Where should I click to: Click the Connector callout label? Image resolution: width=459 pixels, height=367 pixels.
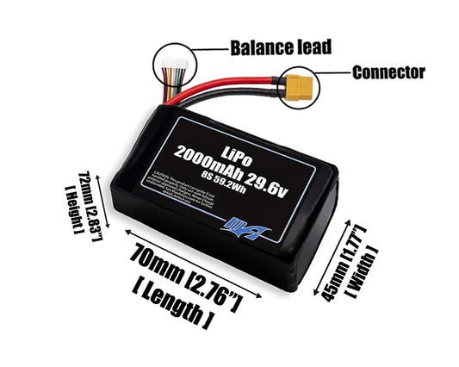(x=389, y=72)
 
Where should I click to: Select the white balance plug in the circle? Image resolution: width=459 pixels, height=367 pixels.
(x=171, y=64)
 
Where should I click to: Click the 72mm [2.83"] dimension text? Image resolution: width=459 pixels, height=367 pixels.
(x=85, y=196)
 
